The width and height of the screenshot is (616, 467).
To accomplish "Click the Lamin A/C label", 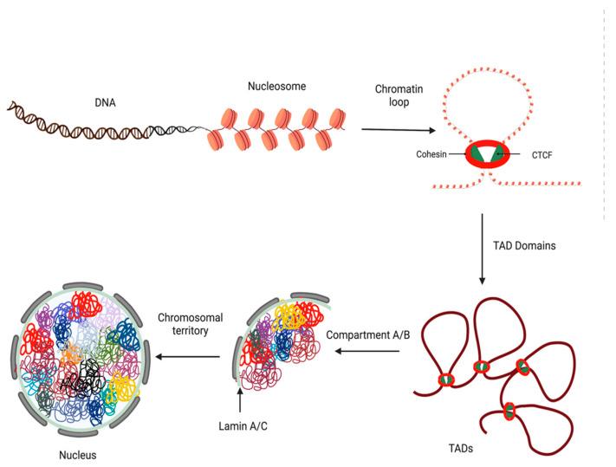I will coord(241,425).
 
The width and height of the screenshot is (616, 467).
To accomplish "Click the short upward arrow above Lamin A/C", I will coord(240,402).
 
